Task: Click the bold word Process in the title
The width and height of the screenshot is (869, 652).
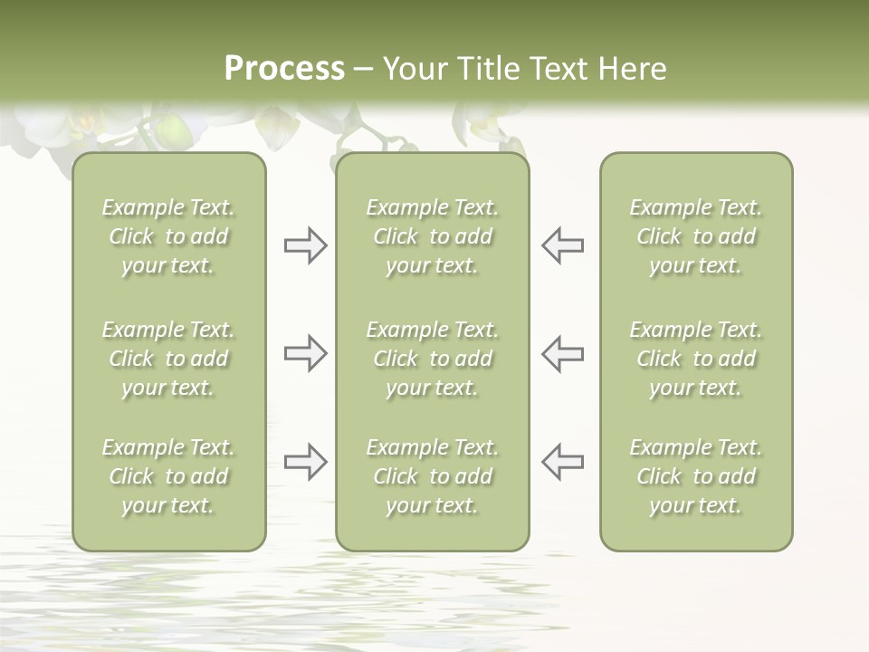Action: point(284,69)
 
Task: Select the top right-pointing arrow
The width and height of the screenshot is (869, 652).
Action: point(306,245)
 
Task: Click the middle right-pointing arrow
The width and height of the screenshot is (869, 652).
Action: point(306,353)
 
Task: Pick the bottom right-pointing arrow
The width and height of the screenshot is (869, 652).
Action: point(306,462)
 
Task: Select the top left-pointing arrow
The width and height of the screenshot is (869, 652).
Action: point(562,245)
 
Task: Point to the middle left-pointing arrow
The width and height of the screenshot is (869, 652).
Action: point(562,353)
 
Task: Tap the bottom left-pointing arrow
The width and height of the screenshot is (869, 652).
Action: point(562,462)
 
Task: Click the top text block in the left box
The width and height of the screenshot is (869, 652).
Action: point(168,236)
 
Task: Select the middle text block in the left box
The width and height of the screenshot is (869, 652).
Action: point(168,359)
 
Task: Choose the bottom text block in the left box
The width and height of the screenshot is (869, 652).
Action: point(168,476)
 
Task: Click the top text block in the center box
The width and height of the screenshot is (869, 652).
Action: point(433,236)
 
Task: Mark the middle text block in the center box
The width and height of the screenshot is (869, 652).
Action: point(433,359)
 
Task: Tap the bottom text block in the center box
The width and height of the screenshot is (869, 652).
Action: point(433,476)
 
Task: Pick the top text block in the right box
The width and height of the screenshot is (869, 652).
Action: point(696,236)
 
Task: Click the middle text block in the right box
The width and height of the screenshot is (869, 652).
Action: point(696,359)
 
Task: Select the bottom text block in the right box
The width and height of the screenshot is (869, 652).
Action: point(696,476)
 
